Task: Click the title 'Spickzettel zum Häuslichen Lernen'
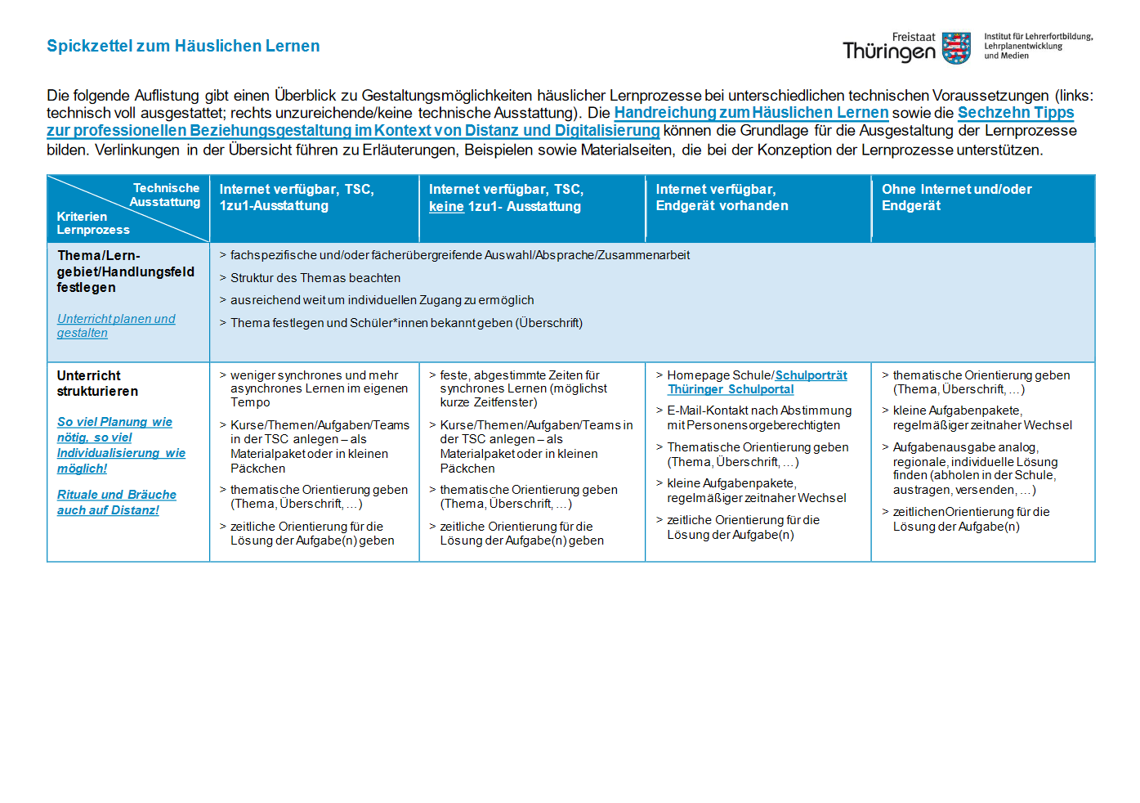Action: pos(183,47)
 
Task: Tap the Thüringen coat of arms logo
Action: pos(956,48)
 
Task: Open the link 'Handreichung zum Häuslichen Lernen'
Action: pos(751,113)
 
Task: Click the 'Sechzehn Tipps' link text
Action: pos(1016,113)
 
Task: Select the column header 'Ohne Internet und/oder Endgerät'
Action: pos(956,198)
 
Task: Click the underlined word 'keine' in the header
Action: pos(446,207)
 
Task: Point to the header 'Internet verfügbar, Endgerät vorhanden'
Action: pos(722,198)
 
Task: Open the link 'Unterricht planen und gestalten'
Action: pos(116,325)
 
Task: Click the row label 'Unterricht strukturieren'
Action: pos(97,384)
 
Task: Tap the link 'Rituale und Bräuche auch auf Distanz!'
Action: pos(116,502)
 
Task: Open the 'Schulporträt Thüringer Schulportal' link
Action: pos(757,383)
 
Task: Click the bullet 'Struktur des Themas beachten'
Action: pos(315,278)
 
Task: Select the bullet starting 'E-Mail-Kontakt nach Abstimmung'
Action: pos(758,418)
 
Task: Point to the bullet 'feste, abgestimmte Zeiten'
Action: pos(523,388)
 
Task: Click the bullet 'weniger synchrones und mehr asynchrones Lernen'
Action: pos(319,388)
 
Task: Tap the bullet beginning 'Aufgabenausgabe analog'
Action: pos(975,469)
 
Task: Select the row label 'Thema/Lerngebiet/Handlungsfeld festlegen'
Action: pos(125,271)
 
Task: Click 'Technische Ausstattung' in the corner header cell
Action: pos(165,195)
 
